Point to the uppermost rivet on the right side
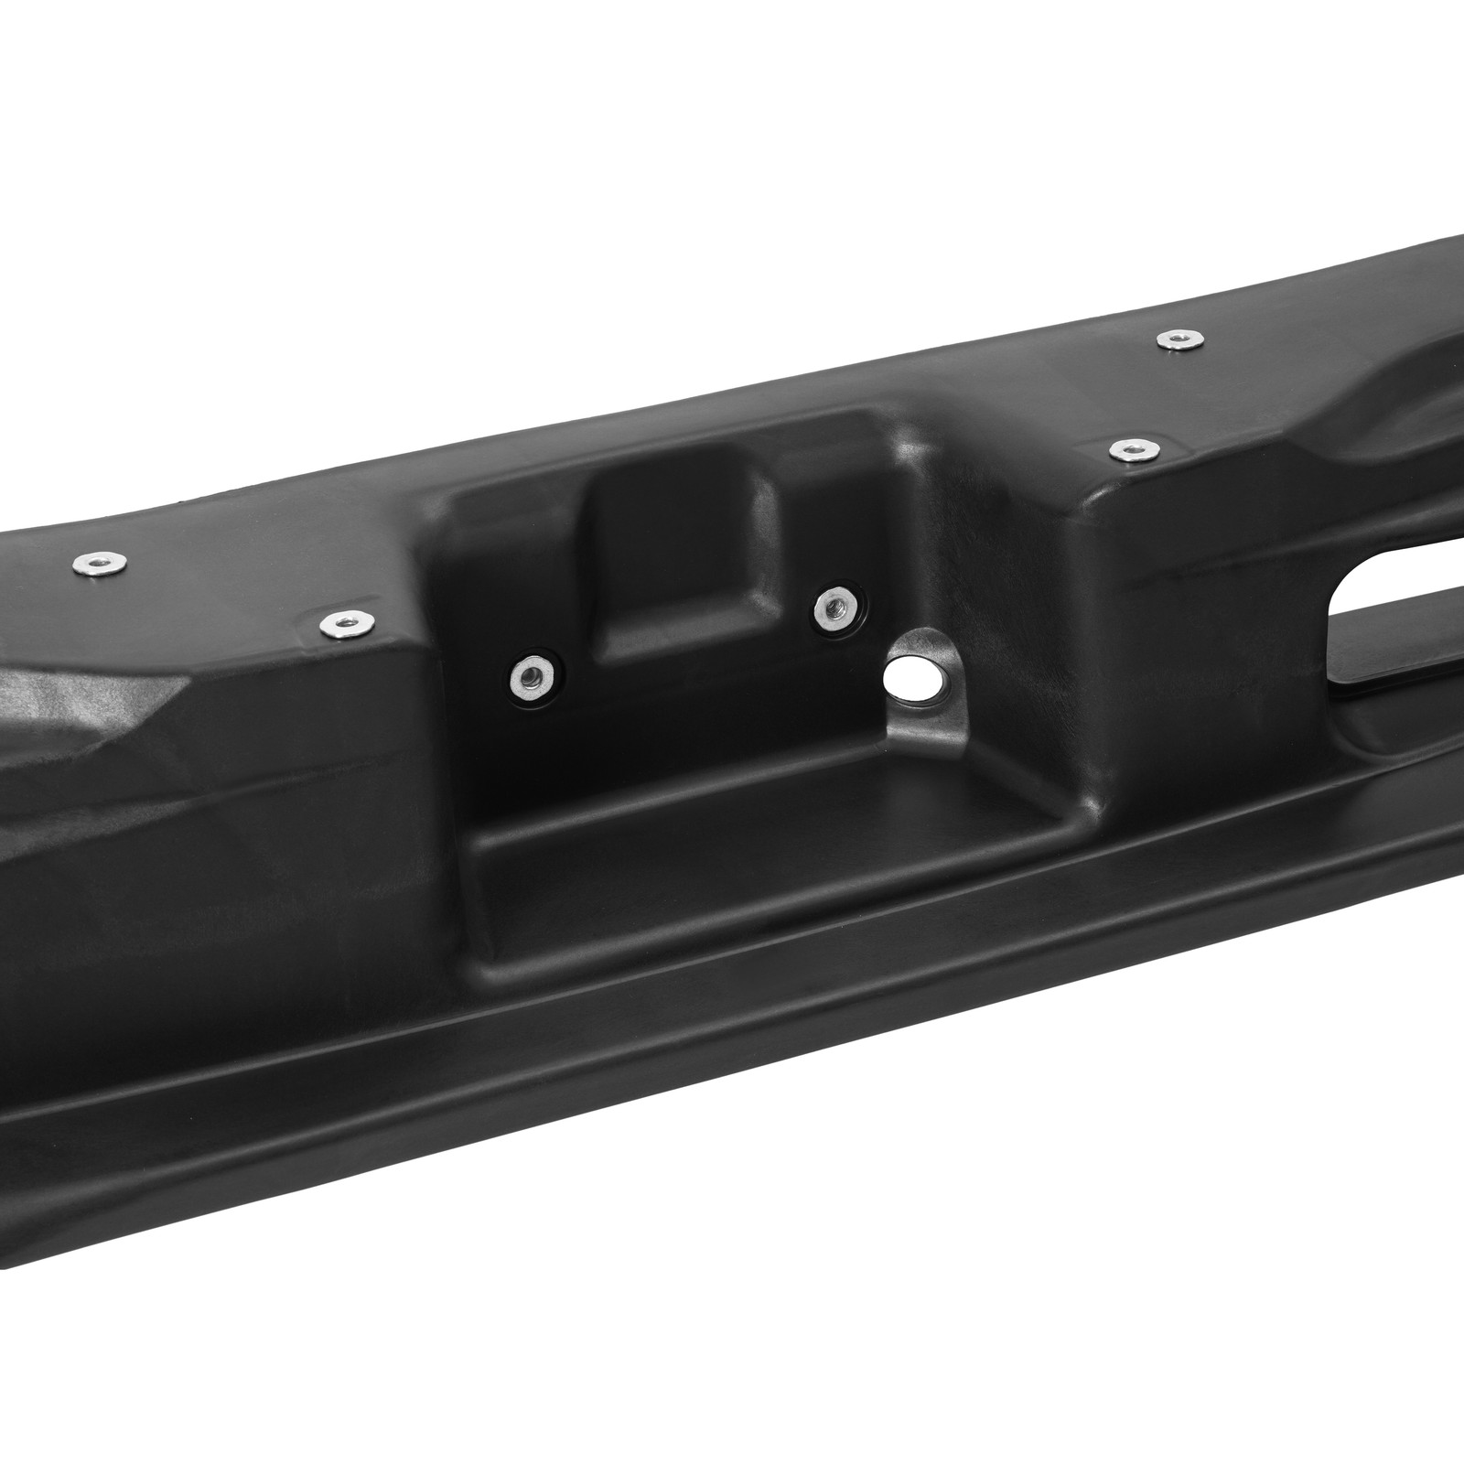(1172, 339)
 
